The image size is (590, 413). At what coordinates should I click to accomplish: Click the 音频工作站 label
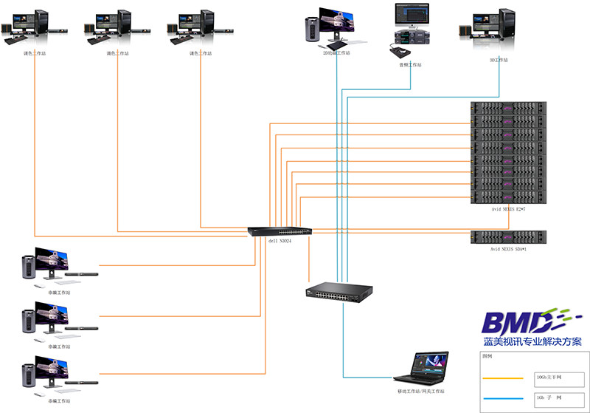pyautogui.click(x=406, y=65)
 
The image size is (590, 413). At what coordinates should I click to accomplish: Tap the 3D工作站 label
pyautogui.click(x=499, y=60)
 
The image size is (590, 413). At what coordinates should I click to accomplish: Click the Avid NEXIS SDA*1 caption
pyautogui.click(x=508, y=249)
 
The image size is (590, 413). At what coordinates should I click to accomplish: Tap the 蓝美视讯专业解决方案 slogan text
pyautogui.click(x=532, y=342)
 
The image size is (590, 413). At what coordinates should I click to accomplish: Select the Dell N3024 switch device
pyautogui.click(x=280, y=231)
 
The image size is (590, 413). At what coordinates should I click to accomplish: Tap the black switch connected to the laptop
pyautogui.click(x=339, y=293)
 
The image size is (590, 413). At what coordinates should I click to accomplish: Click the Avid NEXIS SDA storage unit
pyautogui.click(x=508, y=237)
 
